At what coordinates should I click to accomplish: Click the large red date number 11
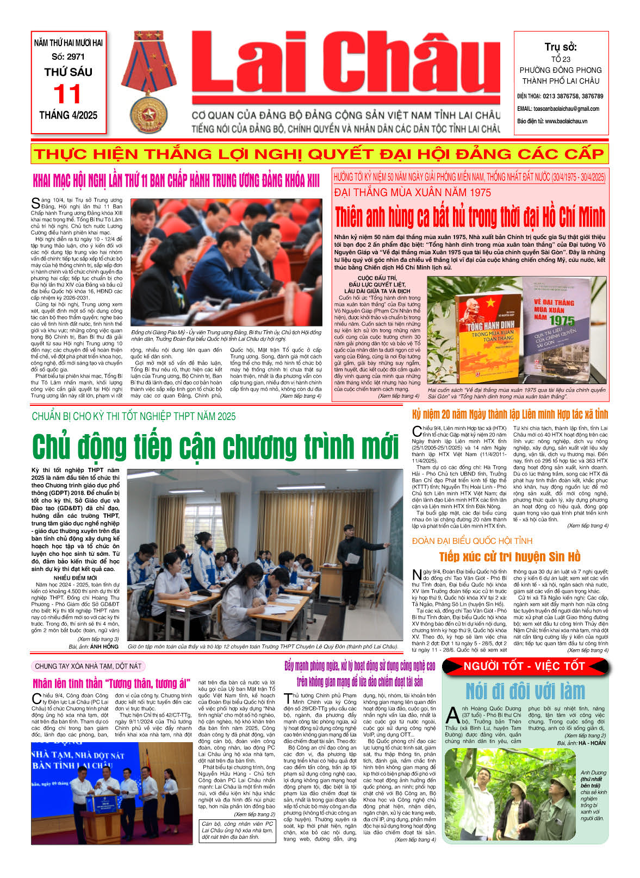point(68,95)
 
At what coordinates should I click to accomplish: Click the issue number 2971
point(76,57)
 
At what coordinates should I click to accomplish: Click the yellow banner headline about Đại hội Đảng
point(319,154)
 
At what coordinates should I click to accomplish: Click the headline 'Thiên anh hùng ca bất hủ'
point(469,217)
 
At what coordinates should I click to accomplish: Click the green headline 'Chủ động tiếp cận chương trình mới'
point(216,447)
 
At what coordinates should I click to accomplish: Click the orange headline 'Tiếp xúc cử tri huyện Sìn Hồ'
point(509,556)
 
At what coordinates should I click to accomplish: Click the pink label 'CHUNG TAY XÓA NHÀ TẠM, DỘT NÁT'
point(88,666)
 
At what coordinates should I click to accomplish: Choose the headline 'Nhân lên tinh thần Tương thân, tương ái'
point(111,683)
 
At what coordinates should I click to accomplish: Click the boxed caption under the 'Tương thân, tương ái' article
point(237,830)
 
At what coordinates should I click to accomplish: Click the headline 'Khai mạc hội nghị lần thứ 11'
point(176,181)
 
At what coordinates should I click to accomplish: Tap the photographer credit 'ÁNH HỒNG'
point(104,647)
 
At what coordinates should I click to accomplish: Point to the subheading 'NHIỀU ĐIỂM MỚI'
point(76,578)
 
